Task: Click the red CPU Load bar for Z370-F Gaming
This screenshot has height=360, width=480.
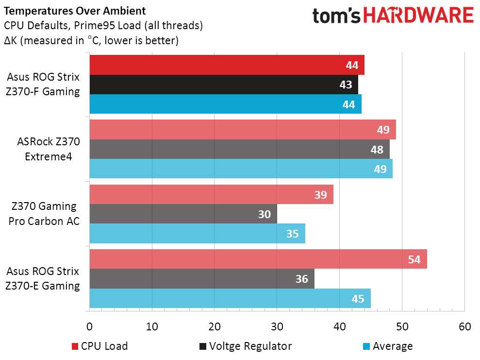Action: click(x=227, y=65)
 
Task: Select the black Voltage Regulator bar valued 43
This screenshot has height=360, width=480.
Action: click(x=223, y=85)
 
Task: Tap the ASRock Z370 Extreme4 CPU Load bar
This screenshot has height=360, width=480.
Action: click(x=243, y=129)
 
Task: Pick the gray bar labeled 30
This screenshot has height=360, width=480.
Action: click(x=183, y=214)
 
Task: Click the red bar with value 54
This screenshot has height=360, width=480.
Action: click(x=258, y=259)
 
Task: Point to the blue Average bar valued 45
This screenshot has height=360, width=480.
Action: click(x=230, y=298)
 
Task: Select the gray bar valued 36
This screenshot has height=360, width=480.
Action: click(x=202, y=279)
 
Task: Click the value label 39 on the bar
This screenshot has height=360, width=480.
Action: click(x=320, y=194)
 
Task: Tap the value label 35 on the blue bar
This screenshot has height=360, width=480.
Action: click(x=292, y=234)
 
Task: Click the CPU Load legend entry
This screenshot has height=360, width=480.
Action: click(x=100, y=346)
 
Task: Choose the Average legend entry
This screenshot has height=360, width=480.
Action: click(x=388, y=346)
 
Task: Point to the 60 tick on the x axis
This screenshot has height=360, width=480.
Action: click(x=464, y=326)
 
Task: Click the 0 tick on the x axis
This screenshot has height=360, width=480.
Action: click(x=90, y=326)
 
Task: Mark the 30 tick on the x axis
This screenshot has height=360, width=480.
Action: click(x=277, y=326)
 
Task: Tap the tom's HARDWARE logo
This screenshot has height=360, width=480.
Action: click(x=392, y=16)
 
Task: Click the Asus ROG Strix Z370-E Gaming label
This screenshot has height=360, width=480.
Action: click(x=43, y=278)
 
